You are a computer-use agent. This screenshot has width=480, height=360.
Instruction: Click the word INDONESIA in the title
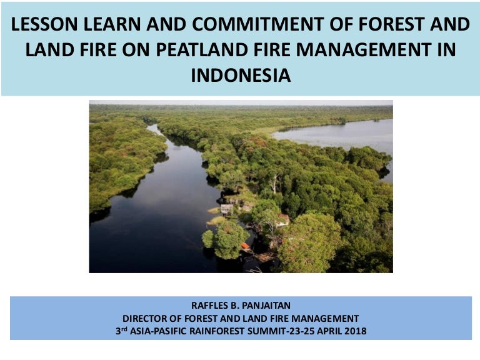[241, 76]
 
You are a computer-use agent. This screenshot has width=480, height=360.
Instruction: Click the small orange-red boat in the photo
[245, 246]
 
